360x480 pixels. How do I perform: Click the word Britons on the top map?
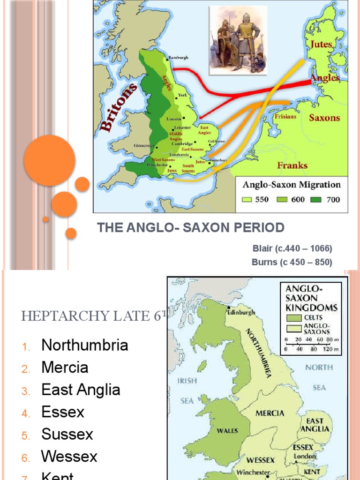(119, 108)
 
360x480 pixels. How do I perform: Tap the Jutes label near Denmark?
(320, 45)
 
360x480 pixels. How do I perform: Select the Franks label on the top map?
(292, 165)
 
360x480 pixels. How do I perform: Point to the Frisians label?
(285, 116)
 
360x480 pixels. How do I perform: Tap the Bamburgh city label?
(178, 57)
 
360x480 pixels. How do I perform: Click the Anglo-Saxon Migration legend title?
(291, 184)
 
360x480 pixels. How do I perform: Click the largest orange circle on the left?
(50, 161)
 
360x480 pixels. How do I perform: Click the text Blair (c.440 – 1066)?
(292, 248)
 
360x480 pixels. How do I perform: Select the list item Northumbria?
(84, 345)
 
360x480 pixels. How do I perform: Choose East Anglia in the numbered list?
(81, 390)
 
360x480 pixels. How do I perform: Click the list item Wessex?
(69, 456)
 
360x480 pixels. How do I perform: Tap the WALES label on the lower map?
(227, 430)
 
